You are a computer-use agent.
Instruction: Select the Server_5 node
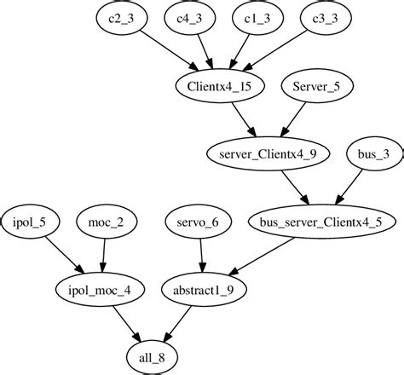(316, 85)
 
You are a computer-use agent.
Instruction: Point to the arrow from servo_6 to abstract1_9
(199, 254)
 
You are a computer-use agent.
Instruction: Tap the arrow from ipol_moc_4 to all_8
(124, 320)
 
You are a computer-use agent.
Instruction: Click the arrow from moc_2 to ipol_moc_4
(103, 254)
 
